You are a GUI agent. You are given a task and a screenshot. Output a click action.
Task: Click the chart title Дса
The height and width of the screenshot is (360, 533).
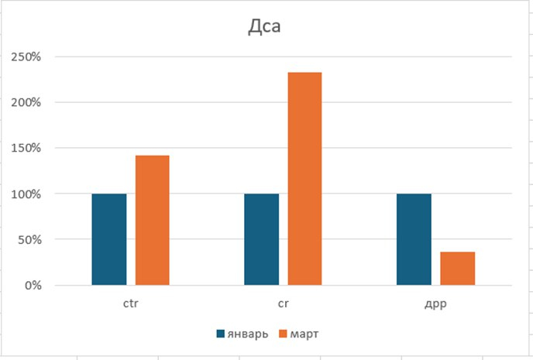[x=264, y=28]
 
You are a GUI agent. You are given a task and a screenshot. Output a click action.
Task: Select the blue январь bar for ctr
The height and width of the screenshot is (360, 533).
[x=109, y=239]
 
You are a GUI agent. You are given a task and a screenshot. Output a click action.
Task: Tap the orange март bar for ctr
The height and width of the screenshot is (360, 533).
[x=153, y=221]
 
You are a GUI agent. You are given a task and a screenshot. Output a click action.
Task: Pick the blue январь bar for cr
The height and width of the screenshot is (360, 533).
[x=262, y=239]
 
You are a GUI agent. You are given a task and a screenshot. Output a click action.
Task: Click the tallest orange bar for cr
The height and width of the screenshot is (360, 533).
[x=304, y=179]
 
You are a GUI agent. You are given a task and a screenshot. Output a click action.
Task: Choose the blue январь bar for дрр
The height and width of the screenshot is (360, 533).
[x=414, y=239]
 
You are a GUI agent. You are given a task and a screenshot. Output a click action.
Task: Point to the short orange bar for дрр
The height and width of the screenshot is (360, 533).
[x=458, y=268]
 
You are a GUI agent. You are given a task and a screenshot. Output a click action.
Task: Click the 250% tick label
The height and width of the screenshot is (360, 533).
[x=26, y=57]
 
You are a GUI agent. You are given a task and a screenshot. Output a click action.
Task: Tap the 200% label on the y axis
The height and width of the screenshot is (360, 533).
[x=26, y=102]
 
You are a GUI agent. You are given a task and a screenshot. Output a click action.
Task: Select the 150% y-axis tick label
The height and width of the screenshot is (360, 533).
[x=26, y=148]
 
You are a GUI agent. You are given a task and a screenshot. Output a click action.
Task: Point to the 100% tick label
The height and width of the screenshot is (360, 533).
[x=26, y=194]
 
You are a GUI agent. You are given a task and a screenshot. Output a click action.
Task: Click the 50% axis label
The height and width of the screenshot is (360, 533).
[x=29, y=239]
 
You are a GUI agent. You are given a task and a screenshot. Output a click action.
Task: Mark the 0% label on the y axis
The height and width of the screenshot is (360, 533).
[x=32, y=285]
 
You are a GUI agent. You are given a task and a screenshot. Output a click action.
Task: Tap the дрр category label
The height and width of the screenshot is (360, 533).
[x=435, y=304]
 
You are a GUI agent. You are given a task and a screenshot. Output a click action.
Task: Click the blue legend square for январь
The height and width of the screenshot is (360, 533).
[x=220, y=334]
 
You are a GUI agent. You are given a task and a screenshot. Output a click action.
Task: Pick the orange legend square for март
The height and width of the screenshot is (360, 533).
[x=283, y=334]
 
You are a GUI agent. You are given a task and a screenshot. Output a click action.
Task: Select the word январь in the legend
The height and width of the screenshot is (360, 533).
[x=249, y=334]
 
